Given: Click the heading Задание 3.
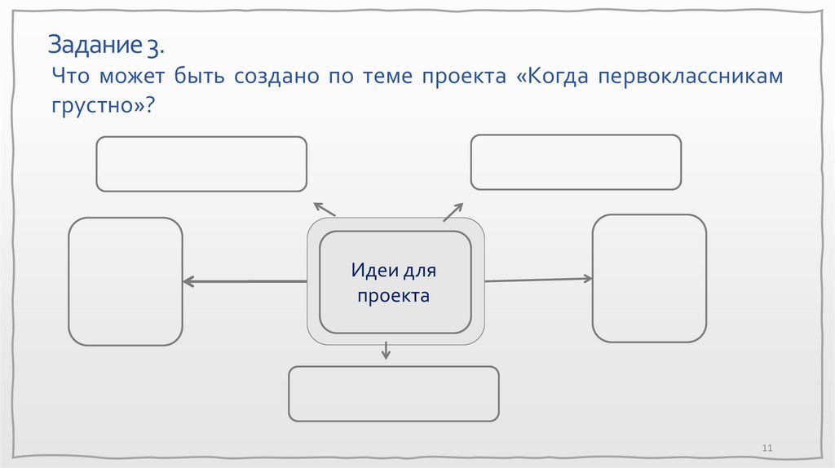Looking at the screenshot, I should click(x=106, y=45).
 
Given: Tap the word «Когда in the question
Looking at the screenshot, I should click(x=551, y=77).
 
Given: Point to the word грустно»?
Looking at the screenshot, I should click(x=104, y=107).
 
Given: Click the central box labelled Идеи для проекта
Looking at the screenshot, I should click(x=395, y=282).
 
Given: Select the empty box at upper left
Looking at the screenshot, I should click(x=201, y=164).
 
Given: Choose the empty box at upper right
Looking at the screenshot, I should click(x=576, y=162).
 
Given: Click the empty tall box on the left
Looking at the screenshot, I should click(x=126, y=281).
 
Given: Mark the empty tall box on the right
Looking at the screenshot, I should click(x=649, y=278).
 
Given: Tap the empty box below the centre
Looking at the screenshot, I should click(x=394, y=394).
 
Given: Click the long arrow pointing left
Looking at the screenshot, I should click(x=245, y=281).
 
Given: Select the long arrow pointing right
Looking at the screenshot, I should click(x=538, y=280).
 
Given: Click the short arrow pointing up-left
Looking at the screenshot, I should click(x=324, y=210).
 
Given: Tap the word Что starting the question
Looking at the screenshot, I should click(x=69, y=77).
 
